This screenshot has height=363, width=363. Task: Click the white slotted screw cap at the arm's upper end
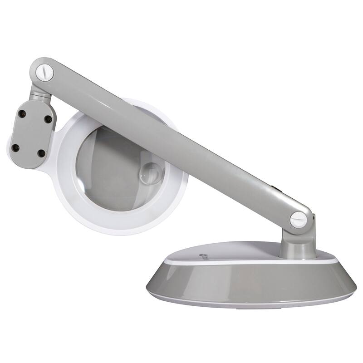click(x=45, y=71)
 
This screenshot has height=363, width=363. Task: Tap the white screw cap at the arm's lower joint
click(x=299, y=220)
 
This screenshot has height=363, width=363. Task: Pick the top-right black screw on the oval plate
click(x=48, y=119)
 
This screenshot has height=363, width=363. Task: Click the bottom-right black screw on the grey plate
click(x=41, y=153)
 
